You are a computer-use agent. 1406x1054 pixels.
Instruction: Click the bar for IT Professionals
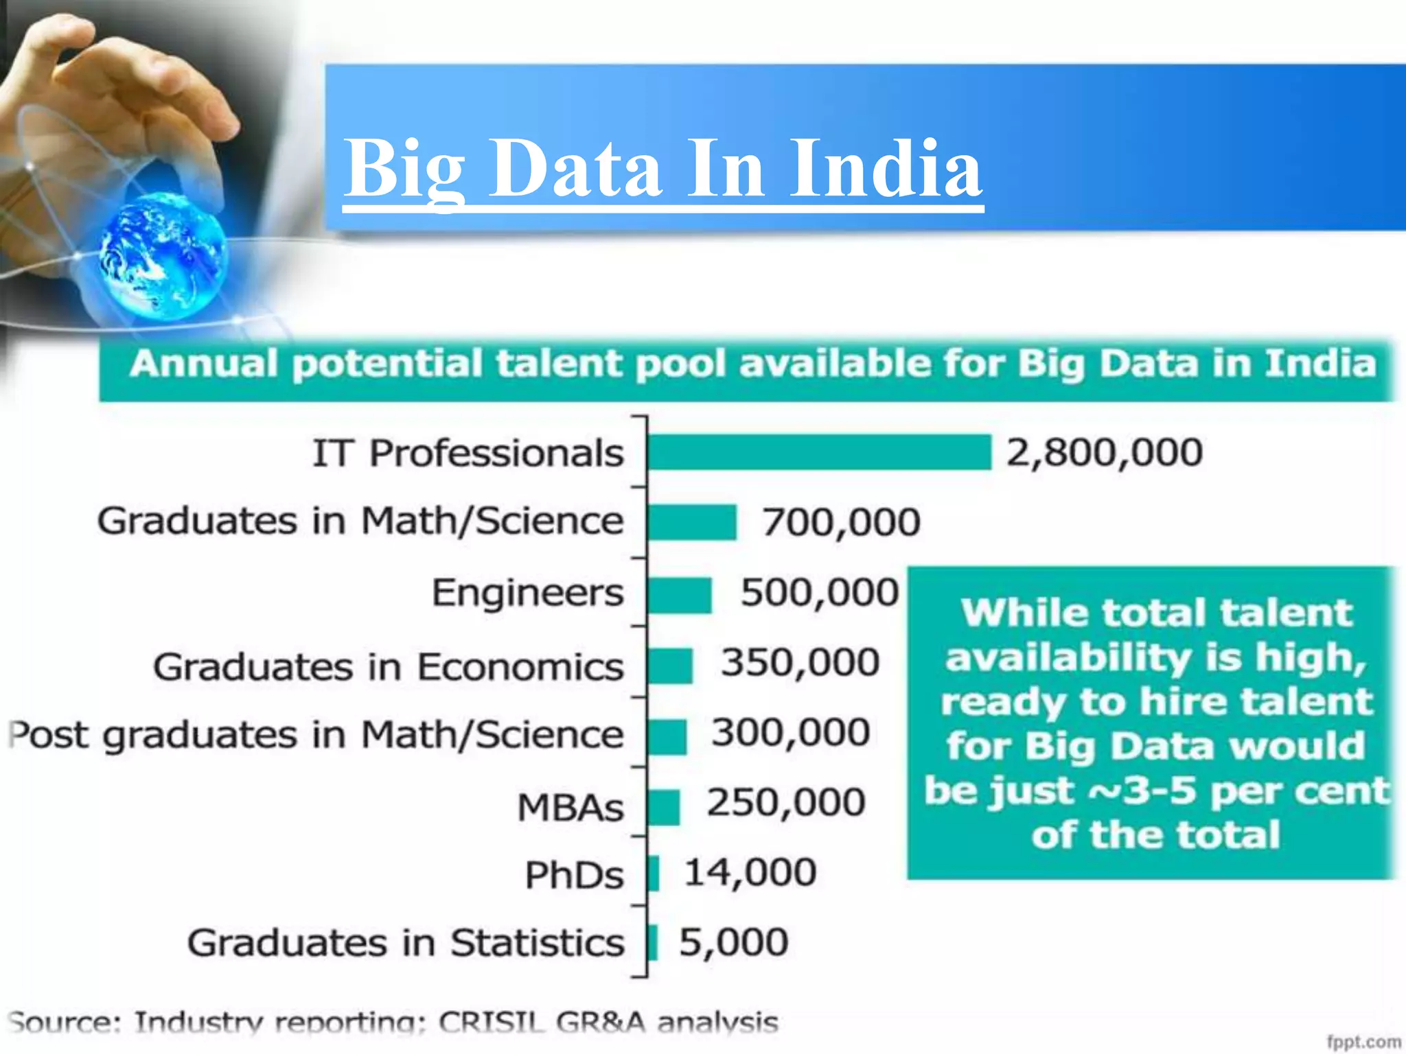coord(819,452)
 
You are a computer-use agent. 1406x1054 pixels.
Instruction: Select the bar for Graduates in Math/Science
coord(691,522)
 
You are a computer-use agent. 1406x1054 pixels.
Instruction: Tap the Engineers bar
coord(680,594)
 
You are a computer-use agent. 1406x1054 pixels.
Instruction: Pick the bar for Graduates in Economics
coord(670,666)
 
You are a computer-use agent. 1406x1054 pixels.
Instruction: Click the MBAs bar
coord(664,807)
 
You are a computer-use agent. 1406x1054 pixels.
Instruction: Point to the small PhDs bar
coord(654,874)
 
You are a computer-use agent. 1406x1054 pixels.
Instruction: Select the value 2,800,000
coord(1104,453)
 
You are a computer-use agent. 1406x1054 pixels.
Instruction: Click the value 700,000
coord(841,522)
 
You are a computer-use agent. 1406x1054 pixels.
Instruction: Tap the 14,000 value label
coord(750,873)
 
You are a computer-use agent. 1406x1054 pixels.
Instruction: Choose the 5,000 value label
coord(733,942)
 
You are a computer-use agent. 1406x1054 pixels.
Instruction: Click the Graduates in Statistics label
coord(405,943)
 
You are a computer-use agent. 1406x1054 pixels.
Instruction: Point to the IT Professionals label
coord(468,454)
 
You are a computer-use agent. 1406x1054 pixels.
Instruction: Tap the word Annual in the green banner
coord(203,364)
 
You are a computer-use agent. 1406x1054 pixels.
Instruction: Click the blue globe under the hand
coord(163,257)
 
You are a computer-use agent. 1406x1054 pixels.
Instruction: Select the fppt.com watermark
coord(1363,1042)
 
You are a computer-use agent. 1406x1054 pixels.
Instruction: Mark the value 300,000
coord(790,732)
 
